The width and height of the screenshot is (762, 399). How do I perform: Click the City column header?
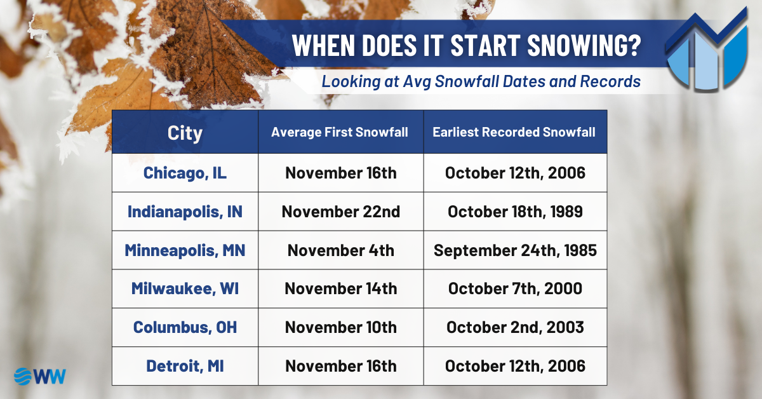coord(185,133)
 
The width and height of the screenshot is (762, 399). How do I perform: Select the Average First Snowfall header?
coord(340,132)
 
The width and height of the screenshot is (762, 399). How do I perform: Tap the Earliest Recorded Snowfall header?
coord(514,132)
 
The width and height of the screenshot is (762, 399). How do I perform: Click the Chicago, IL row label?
coord(185,173)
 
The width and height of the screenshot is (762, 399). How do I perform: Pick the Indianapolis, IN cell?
coord(185,212)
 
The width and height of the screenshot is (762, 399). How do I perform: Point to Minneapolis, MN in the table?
coord(185,250)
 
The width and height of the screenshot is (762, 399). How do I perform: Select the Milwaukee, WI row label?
coord(185,288)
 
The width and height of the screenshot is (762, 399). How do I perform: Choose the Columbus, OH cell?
coord(185,327)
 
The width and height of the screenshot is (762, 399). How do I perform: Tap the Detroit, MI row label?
coord(185,366)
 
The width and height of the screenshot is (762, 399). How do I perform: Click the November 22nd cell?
coord(341,212)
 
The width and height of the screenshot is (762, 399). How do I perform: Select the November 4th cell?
coord(341,250)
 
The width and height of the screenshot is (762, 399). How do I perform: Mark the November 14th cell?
coord(341,288)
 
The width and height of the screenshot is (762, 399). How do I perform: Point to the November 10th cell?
coord(341,327)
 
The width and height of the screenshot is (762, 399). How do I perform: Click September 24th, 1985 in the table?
coord(515,250)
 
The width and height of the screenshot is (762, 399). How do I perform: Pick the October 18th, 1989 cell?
coord(515,212)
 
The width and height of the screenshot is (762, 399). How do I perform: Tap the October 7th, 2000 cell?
coord(515,288)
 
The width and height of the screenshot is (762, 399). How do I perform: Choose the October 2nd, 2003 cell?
coord(515,327)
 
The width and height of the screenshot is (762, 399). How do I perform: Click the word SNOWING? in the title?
coord(584,45)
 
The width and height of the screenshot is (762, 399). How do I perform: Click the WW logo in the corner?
coord(40,377)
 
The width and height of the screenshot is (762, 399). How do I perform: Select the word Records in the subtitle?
coord(610,81)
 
